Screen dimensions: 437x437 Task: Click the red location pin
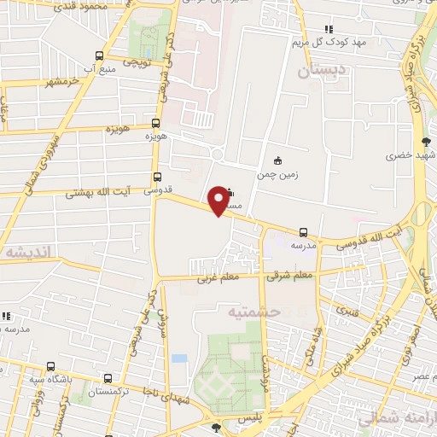(x=219, y=200)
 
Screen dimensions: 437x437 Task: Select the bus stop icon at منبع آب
(x=100, y=55)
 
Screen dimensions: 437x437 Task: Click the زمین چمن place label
(x=279, y=174)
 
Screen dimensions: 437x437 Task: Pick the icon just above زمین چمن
(x=277, y=160)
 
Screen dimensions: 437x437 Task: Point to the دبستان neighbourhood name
(x=324, y=73)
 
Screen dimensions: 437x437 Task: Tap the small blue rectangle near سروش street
(x=178, y=358)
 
